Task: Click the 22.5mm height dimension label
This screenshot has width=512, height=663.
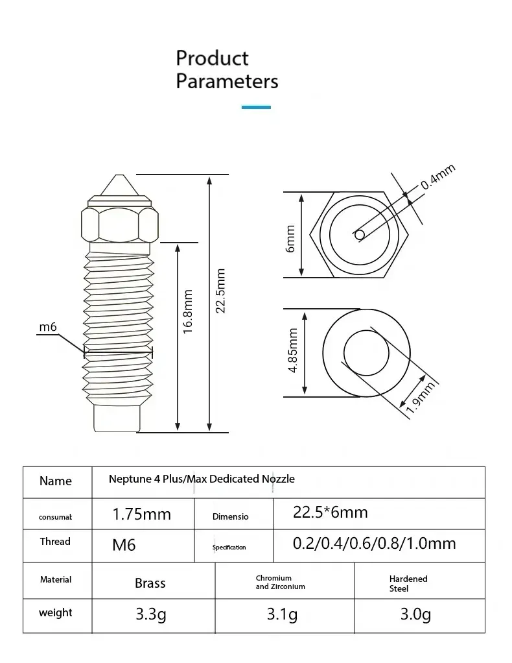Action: (220, 291)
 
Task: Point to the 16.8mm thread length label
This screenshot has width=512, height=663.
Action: (188, 311)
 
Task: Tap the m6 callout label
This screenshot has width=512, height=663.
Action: (48, 327)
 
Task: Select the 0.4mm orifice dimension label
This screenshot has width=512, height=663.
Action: (438, 176)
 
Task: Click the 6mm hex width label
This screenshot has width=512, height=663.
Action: (290, 239)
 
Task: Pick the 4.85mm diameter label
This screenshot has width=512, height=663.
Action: (293, 350)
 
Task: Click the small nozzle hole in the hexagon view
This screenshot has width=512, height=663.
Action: (360, 235)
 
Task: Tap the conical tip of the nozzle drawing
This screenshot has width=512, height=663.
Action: (119, 185)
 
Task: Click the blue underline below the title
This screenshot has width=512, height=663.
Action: (256, 108)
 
